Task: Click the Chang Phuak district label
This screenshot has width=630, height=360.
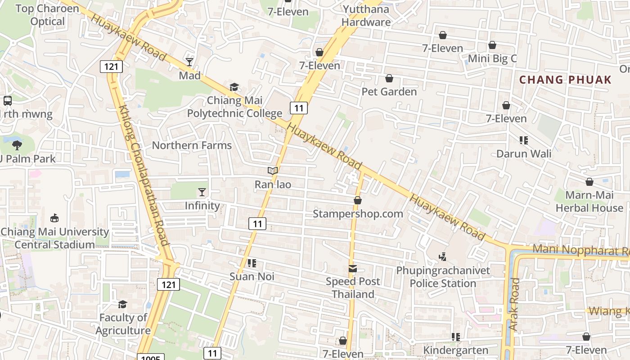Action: coord(565,80)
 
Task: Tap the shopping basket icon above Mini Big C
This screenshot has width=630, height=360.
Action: coord(492,45)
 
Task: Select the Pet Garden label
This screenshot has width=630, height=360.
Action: coord(389,92)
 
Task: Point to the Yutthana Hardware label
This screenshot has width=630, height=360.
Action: coord(366,15)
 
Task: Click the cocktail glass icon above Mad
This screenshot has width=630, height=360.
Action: coord(189,62)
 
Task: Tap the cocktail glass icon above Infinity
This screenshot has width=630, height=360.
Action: coord(202,192)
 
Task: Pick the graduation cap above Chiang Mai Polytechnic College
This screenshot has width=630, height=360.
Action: coord(234,86)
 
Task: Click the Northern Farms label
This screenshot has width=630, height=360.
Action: coord(192,145)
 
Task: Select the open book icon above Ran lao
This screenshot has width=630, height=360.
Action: coord(273,171)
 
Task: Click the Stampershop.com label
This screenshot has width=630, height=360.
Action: coord(358,214)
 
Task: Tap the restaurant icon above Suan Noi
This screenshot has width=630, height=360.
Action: coord(252,263)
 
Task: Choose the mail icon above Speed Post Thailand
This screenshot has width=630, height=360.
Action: coord(353,269)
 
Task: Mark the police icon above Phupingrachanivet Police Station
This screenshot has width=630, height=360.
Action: coord(443,257)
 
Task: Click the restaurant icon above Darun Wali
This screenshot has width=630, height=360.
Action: coord(523,140)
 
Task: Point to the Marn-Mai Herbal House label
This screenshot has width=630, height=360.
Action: coord(589,202)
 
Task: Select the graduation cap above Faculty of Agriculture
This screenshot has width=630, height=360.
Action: coord(122,305)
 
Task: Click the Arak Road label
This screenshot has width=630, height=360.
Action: coord(514,305)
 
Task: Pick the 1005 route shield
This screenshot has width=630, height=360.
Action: coord(150,358)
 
